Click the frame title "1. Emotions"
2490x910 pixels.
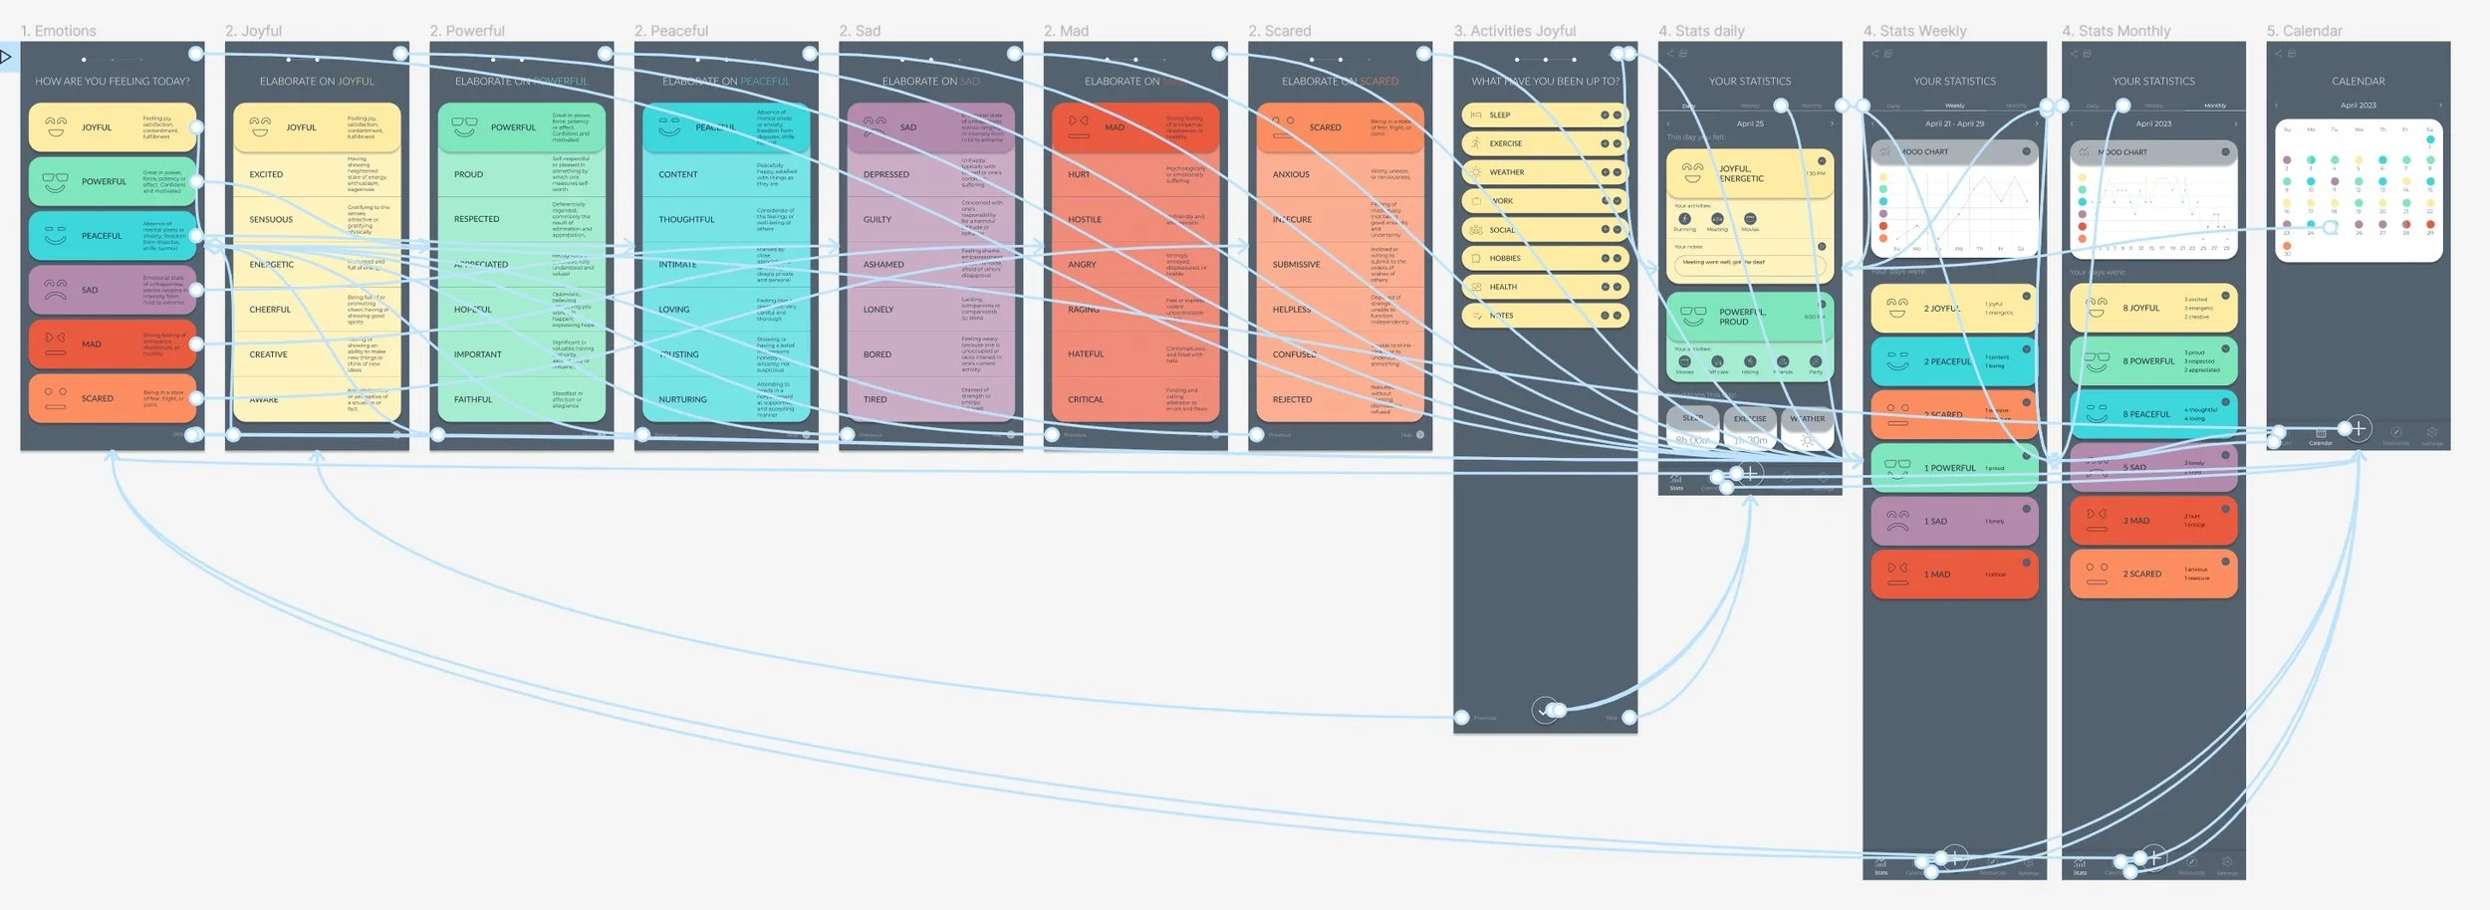[59, 31]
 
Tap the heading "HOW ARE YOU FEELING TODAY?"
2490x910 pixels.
[112, 82]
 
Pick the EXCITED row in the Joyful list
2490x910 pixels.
[266, 174]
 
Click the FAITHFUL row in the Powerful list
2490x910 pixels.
[473, 399]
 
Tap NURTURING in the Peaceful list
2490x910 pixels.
[682, 399]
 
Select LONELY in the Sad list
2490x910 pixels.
[878, 310]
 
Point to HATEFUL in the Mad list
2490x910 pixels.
[1086, 354]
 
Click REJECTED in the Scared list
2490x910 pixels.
[1292, 399]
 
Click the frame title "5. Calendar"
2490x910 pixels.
[2304, 31]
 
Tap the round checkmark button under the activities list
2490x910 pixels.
[1545, 710]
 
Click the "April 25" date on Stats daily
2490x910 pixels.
[1750, 124]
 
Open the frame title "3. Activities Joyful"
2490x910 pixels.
[1514, 31]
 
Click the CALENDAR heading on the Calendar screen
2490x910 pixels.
[2358, 82]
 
